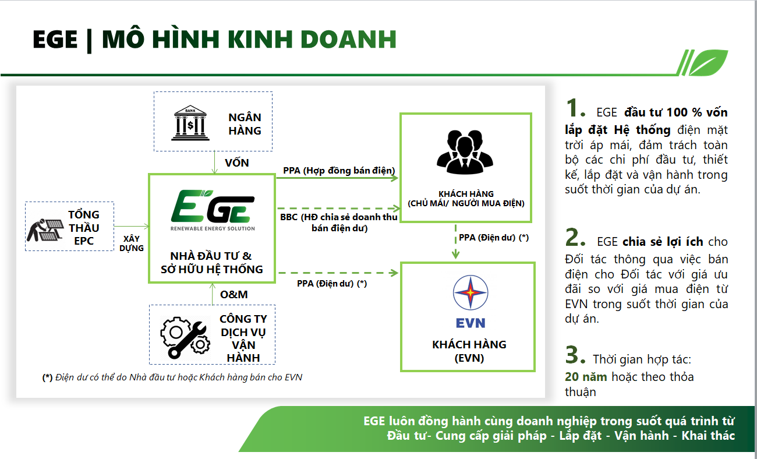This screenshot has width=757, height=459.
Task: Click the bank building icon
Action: point(190,123)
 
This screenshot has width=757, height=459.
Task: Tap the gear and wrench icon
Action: point(185,337)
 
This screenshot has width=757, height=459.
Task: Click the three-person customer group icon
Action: point(465,151)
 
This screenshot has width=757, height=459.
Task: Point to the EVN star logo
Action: point(471,292)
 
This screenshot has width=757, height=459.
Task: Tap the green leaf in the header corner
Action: point(708,62)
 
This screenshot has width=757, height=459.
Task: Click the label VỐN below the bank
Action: point(237,163)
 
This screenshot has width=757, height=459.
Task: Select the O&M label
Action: point(234,294)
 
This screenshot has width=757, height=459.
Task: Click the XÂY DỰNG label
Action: point(132,243)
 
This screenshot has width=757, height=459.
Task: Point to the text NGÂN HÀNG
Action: point(245,123)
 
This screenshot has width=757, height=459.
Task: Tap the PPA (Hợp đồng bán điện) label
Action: point(339,170)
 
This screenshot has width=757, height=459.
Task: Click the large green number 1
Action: point(575,108)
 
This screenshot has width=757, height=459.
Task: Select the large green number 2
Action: point(575,237)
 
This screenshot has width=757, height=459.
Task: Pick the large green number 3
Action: point(575,355)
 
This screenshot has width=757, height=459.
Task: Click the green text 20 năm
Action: point(586,376)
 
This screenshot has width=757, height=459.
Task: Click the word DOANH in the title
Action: point(348,39)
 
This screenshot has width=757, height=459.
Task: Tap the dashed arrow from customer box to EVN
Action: point(455,242)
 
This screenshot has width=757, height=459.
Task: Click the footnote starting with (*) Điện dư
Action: point(172,377)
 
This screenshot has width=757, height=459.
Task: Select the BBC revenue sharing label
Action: point(339,223)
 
